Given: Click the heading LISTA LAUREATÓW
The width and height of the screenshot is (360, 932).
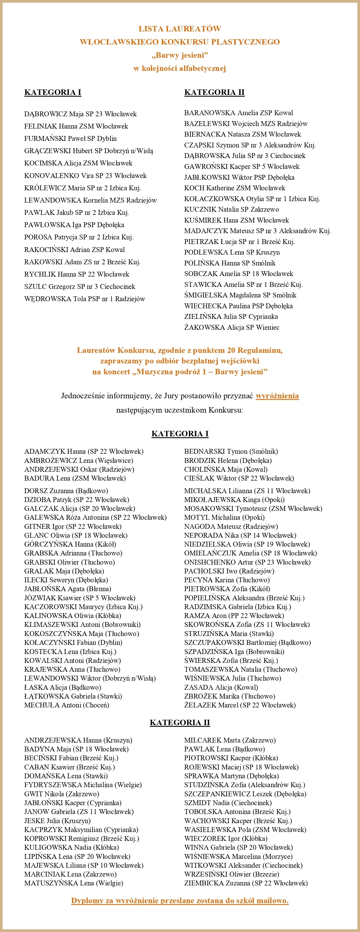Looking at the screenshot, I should pyautogui.click(x=180, y=29).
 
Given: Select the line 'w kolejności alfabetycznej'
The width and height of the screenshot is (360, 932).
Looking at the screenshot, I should pyautogui.click(x=180, y=68).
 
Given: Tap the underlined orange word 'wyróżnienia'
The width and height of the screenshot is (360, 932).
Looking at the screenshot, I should pyautogui.click(x=277, y=396).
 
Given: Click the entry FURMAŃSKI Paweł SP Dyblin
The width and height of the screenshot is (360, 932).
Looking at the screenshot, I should pyautogui.click(x=70, y=139).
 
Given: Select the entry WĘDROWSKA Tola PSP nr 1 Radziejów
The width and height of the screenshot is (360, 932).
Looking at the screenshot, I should pyautogui.click(x=85, y=299).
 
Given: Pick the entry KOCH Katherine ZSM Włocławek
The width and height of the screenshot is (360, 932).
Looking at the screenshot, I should pyautogui.click(x=235, y=188).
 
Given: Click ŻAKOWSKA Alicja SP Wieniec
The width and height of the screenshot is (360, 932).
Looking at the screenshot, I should pyautogui.click(x=231, y=327).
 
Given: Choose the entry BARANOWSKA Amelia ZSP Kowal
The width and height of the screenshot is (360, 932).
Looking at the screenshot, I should pyautogui.click(x=239, y=113).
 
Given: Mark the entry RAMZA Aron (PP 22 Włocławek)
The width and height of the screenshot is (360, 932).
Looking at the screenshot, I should pyautogui.click(x=234, y=615).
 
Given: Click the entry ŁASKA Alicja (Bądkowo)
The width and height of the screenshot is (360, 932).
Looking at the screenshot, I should pyautogui.click(x=63, y=687).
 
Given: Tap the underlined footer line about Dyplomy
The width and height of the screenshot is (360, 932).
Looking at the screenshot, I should pyautogui.click(x=180, y=901).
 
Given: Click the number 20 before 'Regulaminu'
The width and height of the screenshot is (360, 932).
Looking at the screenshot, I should pyautogui.click(x=231, y=350).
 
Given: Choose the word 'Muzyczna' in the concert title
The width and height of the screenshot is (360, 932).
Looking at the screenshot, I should pyautogui.click(x=157, y=372).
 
